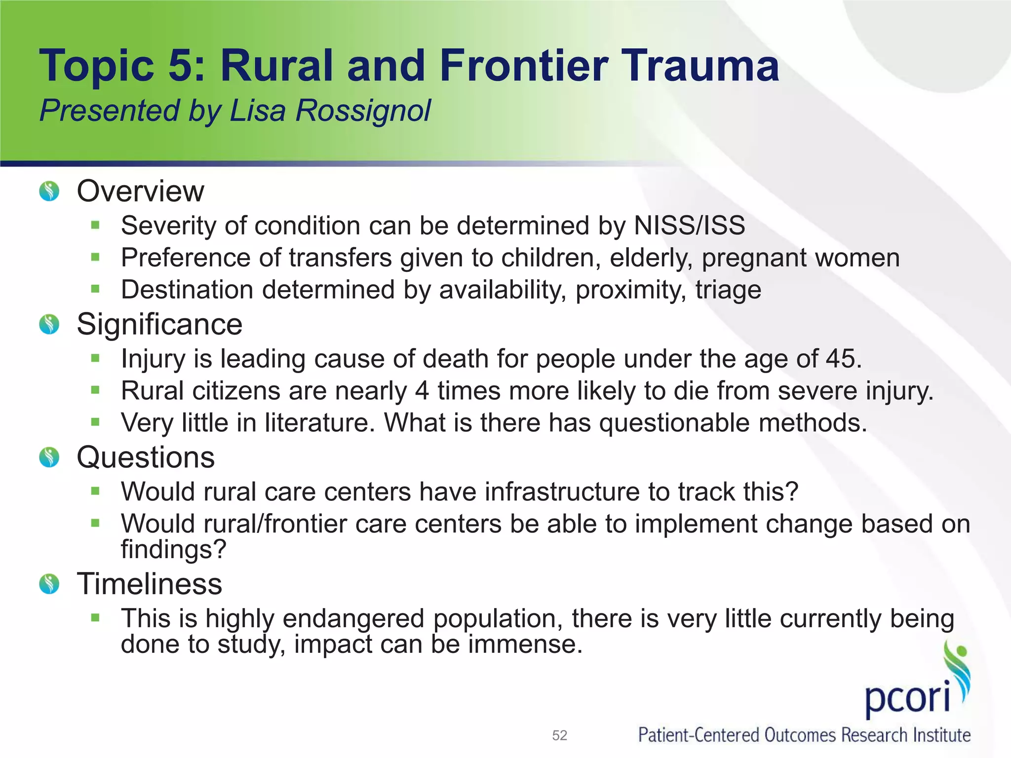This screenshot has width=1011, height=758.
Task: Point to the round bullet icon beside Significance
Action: point(49,325)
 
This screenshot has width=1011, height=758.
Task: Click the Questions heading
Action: point(146,457)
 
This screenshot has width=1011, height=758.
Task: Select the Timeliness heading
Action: point(149,584)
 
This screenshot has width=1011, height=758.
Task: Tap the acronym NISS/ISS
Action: point(689,226)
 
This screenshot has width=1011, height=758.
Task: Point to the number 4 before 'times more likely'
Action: point(422,391)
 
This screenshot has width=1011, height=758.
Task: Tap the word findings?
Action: point(173,549)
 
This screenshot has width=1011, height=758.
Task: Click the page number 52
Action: point(559,735)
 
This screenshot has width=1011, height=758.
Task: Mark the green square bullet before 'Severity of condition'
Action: point(95,226)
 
